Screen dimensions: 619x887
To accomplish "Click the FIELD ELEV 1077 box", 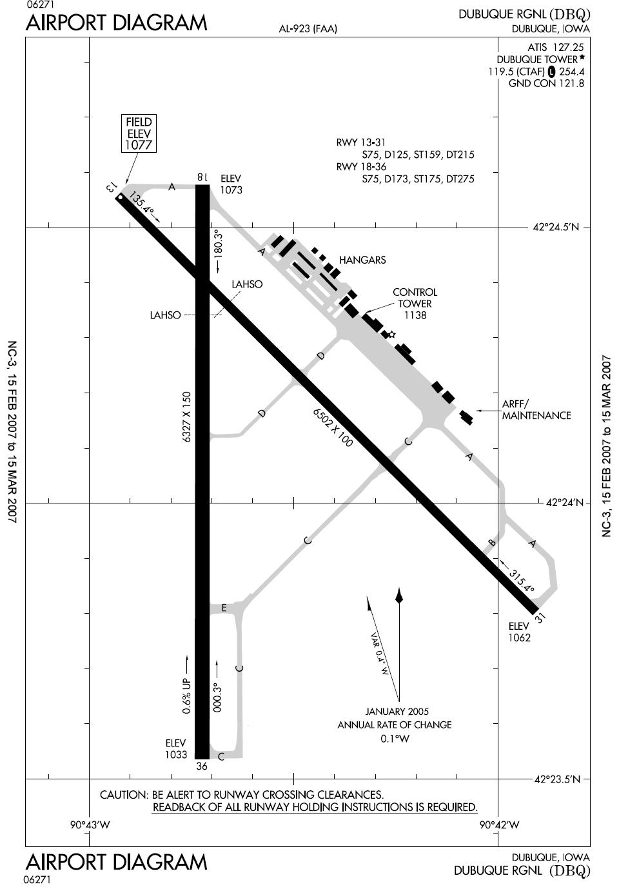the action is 139,133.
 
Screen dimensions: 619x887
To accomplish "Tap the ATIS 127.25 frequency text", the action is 556,48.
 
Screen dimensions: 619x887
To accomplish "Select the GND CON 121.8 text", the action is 546,84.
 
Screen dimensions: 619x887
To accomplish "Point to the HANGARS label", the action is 362,260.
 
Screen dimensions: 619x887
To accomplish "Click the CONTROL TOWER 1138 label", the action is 415,304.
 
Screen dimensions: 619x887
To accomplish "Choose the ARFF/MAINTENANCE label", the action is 536,410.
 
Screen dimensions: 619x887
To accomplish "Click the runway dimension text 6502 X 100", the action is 333,427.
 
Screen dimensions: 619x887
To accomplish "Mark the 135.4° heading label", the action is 141,204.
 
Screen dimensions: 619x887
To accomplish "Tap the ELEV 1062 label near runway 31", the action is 519,632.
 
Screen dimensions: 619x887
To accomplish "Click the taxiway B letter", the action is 492,543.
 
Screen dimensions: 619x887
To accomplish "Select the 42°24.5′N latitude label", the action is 556,228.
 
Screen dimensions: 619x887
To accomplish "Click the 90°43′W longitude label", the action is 90,825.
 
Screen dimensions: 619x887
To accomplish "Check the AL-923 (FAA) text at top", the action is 308,29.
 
